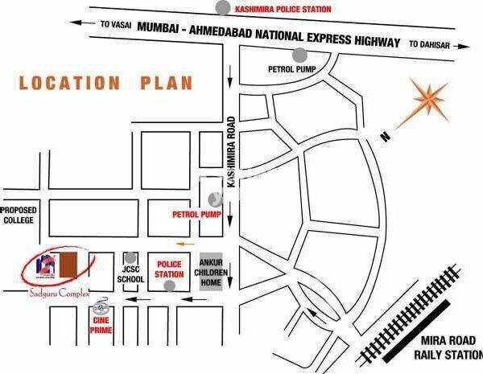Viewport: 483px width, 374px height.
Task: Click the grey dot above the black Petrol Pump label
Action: [x=299, y=55]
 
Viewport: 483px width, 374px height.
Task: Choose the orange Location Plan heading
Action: [x=106, y=83]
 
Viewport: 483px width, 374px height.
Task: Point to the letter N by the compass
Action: [x=386, y=138]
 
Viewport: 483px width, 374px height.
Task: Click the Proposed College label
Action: [x=19, y=214]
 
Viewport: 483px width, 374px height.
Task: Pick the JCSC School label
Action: [x=130, y=273]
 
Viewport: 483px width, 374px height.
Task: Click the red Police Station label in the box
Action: [x=171, y=269]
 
